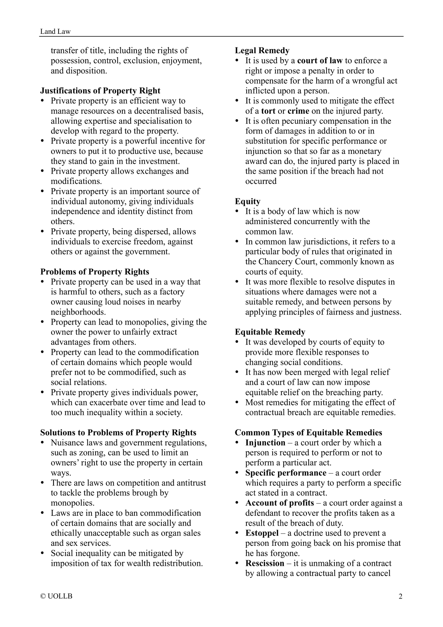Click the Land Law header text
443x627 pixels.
[x=55, y=31]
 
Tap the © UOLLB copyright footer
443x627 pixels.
[x=56, y=596]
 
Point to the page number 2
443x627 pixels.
[x=400, y=596]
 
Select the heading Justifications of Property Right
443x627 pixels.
[x=100, y=91]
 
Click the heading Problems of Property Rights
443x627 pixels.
[x=95, y=272]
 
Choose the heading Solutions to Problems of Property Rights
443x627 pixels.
[x=118, y=432]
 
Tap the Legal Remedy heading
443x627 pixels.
[x=262, y=51]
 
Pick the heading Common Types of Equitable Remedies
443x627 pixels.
[x=308, y=432]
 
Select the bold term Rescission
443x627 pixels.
[x=265, y=563]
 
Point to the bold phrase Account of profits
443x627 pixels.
[x=280, y=503]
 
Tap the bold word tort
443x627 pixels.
[x=268, y=111]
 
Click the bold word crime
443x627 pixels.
[x=298, y=111]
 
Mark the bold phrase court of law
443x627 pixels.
[x=320, y=61]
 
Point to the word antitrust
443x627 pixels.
[x=191, y=483]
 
